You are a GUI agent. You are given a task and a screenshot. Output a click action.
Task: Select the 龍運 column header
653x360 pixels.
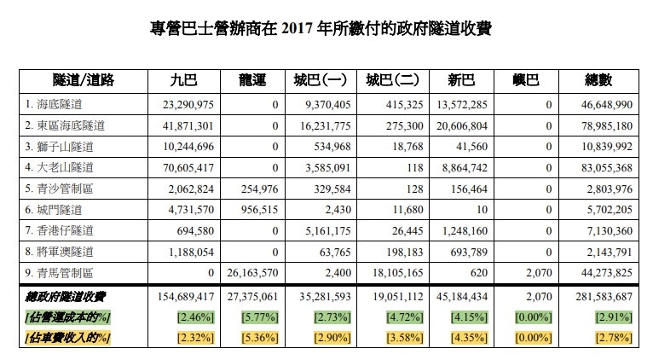[253, 81]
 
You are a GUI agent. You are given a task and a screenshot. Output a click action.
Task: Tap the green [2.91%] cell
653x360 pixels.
[610, 316]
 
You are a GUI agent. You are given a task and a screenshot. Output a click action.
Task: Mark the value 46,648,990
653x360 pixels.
[602, 105]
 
